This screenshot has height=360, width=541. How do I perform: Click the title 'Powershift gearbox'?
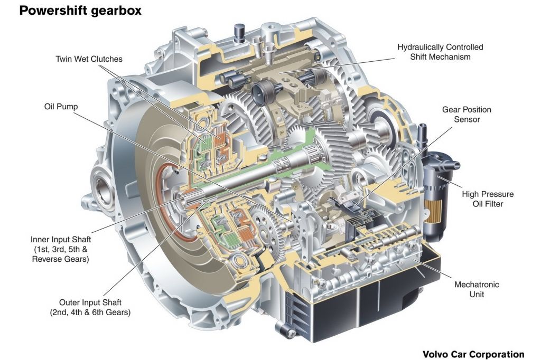coord(80,11)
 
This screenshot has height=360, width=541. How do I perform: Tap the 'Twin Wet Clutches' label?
coord(89,59)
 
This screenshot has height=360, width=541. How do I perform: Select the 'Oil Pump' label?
coord(61,107)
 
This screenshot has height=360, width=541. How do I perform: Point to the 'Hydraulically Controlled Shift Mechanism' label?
coord(440,52)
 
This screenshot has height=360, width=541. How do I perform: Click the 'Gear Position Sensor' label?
coord(467,115)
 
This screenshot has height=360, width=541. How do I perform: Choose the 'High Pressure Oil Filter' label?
coord(488,199)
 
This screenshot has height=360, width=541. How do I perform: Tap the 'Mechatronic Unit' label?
coord(477,289)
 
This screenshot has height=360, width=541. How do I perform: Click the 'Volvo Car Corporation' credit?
coord(473,354)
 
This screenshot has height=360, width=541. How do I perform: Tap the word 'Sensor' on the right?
coord(467,119)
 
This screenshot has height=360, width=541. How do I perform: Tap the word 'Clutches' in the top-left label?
coord(107,59)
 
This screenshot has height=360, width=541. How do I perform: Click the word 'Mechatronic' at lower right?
coord(477,285)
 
